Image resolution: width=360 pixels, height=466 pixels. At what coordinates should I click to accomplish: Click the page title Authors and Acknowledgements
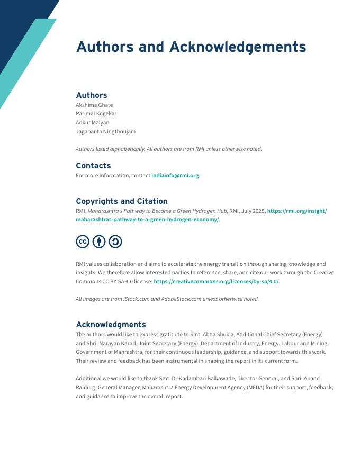pos(191,47)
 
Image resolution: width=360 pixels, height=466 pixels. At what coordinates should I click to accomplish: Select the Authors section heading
pos(92,95)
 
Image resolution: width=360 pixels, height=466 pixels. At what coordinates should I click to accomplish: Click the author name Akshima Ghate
pos(94,105)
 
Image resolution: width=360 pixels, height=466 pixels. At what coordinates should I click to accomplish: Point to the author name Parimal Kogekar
pos(96,114)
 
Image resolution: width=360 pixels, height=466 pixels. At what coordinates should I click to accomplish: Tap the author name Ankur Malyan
pos(93,123)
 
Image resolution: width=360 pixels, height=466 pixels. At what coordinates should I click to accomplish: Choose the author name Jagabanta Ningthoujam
pos(105,132)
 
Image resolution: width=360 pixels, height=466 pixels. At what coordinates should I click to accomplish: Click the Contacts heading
pos(93,166)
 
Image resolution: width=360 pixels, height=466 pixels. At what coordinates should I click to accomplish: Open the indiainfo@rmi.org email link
pos(175,176)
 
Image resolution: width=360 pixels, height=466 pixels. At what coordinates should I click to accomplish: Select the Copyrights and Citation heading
pos(122,201)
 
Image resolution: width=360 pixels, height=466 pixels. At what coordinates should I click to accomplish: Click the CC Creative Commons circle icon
pos(83,242)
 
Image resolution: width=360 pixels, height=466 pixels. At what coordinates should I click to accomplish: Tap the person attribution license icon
pos(99,242)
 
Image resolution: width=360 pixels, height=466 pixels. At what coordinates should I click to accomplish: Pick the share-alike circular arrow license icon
pos(115,242)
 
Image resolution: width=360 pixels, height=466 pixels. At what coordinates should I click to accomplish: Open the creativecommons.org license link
pos(216,282)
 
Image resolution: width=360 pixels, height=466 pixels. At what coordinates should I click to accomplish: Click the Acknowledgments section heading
pos(111,325)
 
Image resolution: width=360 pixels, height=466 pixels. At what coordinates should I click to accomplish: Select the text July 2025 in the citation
pos(253,211)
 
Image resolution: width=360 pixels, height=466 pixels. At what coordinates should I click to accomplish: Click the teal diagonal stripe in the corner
pos(26,58)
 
